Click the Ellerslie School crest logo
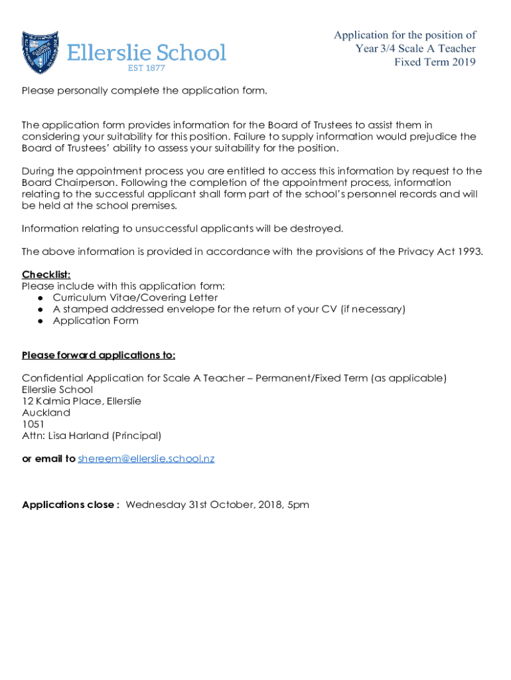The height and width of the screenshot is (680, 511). [x=40, y=52]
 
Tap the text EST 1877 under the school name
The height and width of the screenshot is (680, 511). [x=146, y=68]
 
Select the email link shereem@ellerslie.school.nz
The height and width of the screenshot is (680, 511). [x=146, y=459]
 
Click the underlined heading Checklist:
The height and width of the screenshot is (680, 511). [x=46, y=275]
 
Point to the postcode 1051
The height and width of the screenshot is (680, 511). [x=33, y=424]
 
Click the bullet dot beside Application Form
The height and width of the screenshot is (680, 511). [x=40, y=321]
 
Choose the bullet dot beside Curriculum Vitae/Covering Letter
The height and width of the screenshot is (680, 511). [x=40, y=298]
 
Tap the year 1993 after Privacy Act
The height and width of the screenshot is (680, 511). [x=470, y=252]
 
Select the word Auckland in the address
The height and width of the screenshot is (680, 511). [x=46, y=413]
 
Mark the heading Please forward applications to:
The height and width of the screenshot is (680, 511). [x=98, y=355]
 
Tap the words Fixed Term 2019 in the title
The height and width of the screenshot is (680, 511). [x=435, y=62]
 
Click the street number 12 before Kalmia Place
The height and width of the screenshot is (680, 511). [x=27, y=401]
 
